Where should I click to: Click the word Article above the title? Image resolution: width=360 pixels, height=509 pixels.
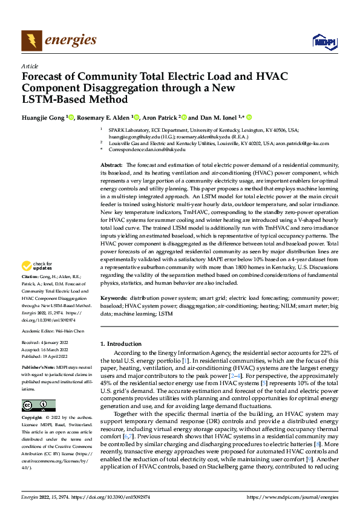pos(30,66)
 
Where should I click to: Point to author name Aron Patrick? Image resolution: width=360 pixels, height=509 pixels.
pos(160,117)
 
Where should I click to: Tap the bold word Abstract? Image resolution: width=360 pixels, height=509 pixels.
pos(112,165)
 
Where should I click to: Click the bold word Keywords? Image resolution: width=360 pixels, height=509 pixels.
pos(114,299)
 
